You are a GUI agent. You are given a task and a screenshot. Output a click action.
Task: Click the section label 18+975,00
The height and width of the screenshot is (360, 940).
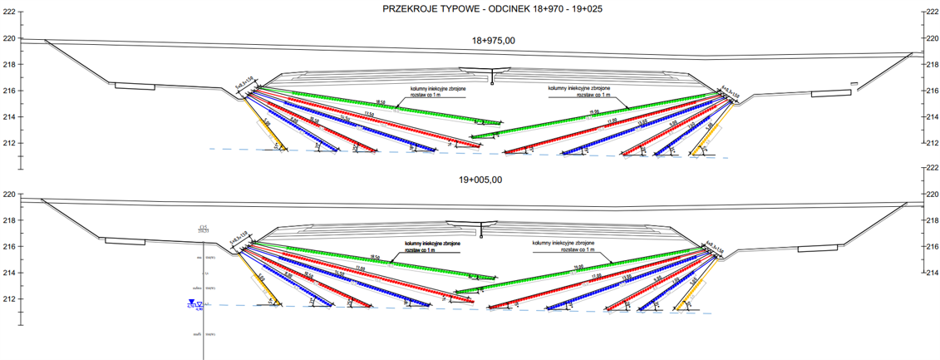click(493, 40)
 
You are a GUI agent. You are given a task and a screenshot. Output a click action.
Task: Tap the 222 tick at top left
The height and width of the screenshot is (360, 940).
click(9, 12)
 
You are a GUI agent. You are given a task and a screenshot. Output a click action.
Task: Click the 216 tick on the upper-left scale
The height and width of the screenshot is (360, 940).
click(9, 91)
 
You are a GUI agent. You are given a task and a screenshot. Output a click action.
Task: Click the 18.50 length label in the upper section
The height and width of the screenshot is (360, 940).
click(381, 102)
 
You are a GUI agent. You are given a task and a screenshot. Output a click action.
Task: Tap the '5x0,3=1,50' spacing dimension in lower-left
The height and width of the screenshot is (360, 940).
click(239, 237)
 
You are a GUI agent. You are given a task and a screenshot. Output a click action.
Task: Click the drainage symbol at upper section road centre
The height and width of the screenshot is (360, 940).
click(493, 76)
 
